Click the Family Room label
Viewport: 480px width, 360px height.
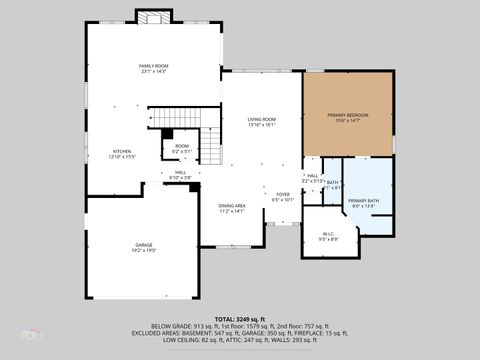[x=152, y=65]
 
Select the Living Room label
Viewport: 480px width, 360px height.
[x=262, y=120]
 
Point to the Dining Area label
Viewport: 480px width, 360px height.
[x=232, y=205]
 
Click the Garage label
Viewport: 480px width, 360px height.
[x=144, y=244]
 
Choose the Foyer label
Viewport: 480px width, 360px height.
[x=283, y=194]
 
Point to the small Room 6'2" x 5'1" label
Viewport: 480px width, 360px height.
[x=182, y=146]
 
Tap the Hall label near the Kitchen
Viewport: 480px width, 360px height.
[x=180, y=172]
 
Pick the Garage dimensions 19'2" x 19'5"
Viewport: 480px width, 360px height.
[x=144, y=250]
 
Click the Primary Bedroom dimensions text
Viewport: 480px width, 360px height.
[x=348, y=121]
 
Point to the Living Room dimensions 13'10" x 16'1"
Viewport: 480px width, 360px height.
[x=262, y=126]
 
